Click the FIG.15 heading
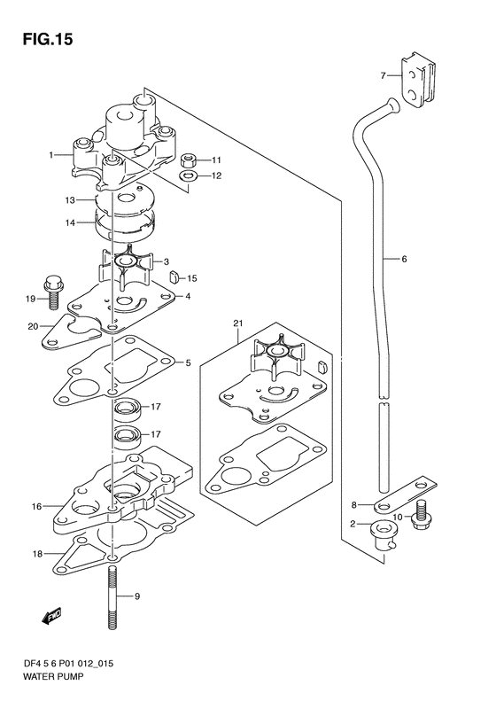click(x=47, y=39)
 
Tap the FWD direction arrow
click(x=51, y=616)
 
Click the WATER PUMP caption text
click(x=53, y=676)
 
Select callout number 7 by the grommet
click(x=383, y=76)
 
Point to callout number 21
click(x=237, y=323)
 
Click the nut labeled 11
click(x=189, y=160)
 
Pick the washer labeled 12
click(x=189, y=176)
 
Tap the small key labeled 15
click(x=174, y=277)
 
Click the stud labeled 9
click(x=113, y=597)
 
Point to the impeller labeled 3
click(x=126, y=266)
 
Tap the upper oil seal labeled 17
click(x=128, y=409)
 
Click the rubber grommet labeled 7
click(x=419, y=80)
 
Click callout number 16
click(x=36, y=507)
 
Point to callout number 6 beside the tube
click(x=405, y=259)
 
